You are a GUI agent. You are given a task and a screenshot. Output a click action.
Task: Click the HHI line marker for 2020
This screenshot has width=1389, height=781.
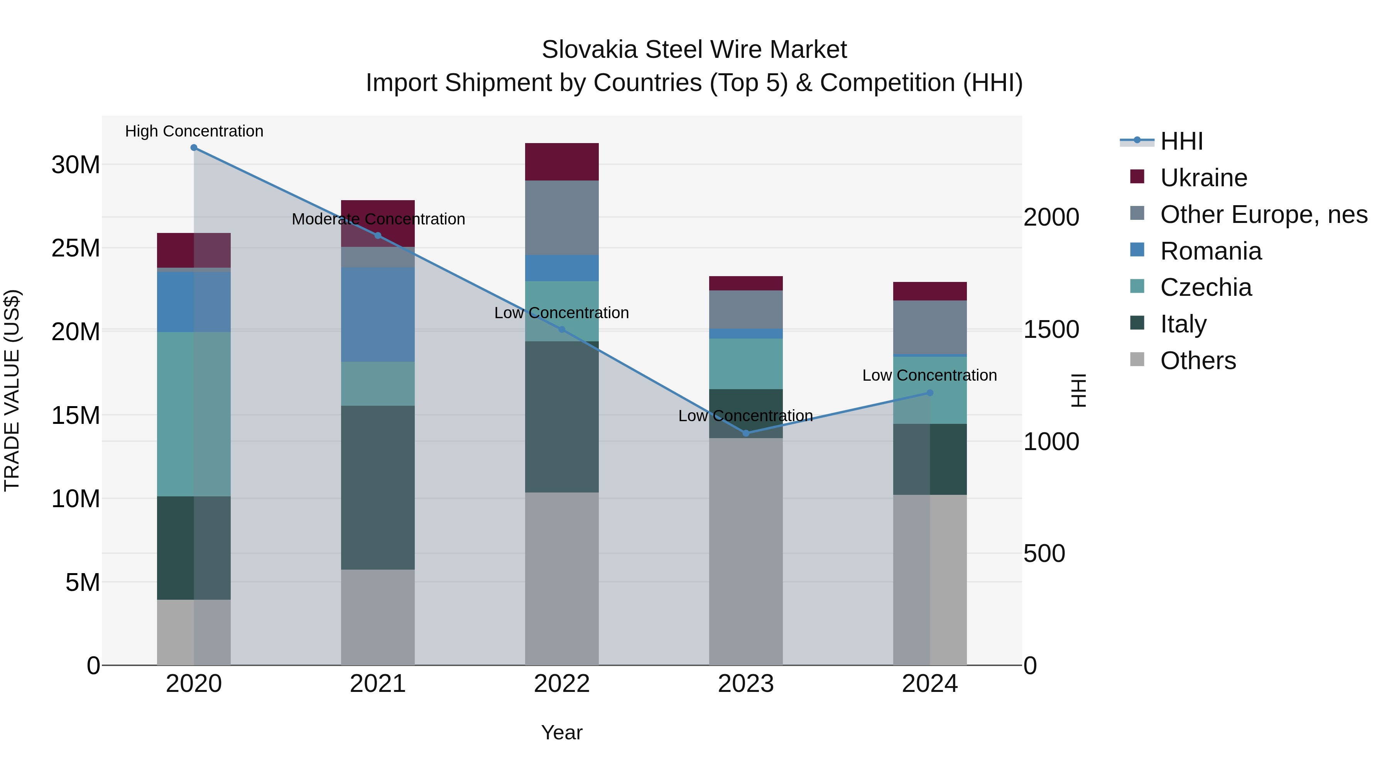[x=194, y=148]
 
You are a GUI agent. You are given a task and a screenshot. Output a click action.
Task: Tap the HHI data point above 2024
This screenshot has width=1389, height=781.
[x=929, y=393]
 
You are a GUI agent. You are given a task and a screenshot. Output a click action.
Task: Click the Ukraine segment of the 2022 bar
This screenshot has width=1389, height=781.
[x=561, y=162]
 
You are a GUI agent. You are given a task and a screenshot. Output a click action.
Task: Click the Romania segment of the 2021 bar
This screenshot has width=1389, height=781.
[x=377, y=314]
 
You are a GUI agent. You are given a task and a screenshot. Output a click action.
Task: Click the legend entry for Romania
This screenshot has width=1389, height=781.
[x=1210, y=251]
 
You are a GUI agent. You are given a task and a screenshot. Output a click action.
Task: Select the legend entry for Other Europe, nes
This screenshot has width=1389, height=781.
[x=1263, y=214]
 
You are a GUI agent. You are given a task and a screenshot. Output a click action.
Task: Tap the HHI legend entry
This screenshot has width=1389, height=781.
[x=1181, y=141]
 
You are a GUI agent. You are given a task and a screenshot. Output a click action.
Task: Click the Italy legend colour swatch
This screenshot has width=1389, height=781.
[x=1137, y=323]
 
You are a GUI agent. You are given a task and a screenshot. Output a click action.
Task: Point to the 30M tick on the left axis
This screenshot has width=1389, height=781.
[x=76, y=164]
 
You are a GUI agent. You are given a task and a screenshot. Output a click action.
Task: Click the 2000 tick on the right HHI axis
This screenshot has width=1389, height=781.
[x=1051, y=217]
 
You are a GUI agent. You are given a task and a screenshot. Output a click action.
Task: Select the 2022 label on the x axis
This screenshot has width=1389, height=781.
[x=561, y=684]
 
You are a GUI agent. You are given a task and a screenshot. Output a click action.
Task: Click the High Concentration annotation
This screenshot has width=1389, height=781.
[x=194, y=131]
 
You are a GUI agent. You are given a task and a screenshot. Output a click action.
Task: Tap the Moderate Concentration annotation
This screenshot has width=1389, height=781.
[x=378, y=219]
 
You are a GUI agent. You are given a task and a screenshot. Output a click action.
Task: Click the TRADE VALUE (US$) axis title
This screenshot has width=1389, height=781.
[x=12, y=390]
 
